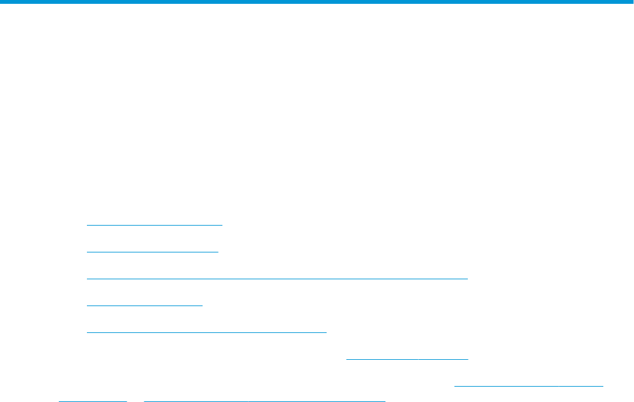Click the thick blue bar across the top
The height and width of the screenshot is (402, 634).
317,2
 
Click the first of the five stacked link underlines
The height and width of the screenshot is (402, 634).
154,225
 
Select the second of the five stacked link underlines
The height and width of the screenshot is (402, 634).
152,252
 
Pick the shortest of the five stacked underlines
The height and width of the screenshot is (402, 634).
144,305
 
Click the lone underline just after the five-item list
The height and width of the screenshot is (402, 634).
407,359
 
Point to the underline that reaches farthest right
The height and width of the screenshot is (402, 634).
529,385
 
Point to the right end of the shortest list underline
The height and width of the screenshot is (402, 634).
202,305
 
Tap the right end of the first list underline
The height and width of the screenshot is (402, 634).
221,225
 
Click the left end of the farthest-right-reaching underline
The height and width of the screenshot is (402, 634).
454,385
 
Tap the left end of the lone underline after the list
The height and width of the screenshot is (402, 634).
347,359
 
